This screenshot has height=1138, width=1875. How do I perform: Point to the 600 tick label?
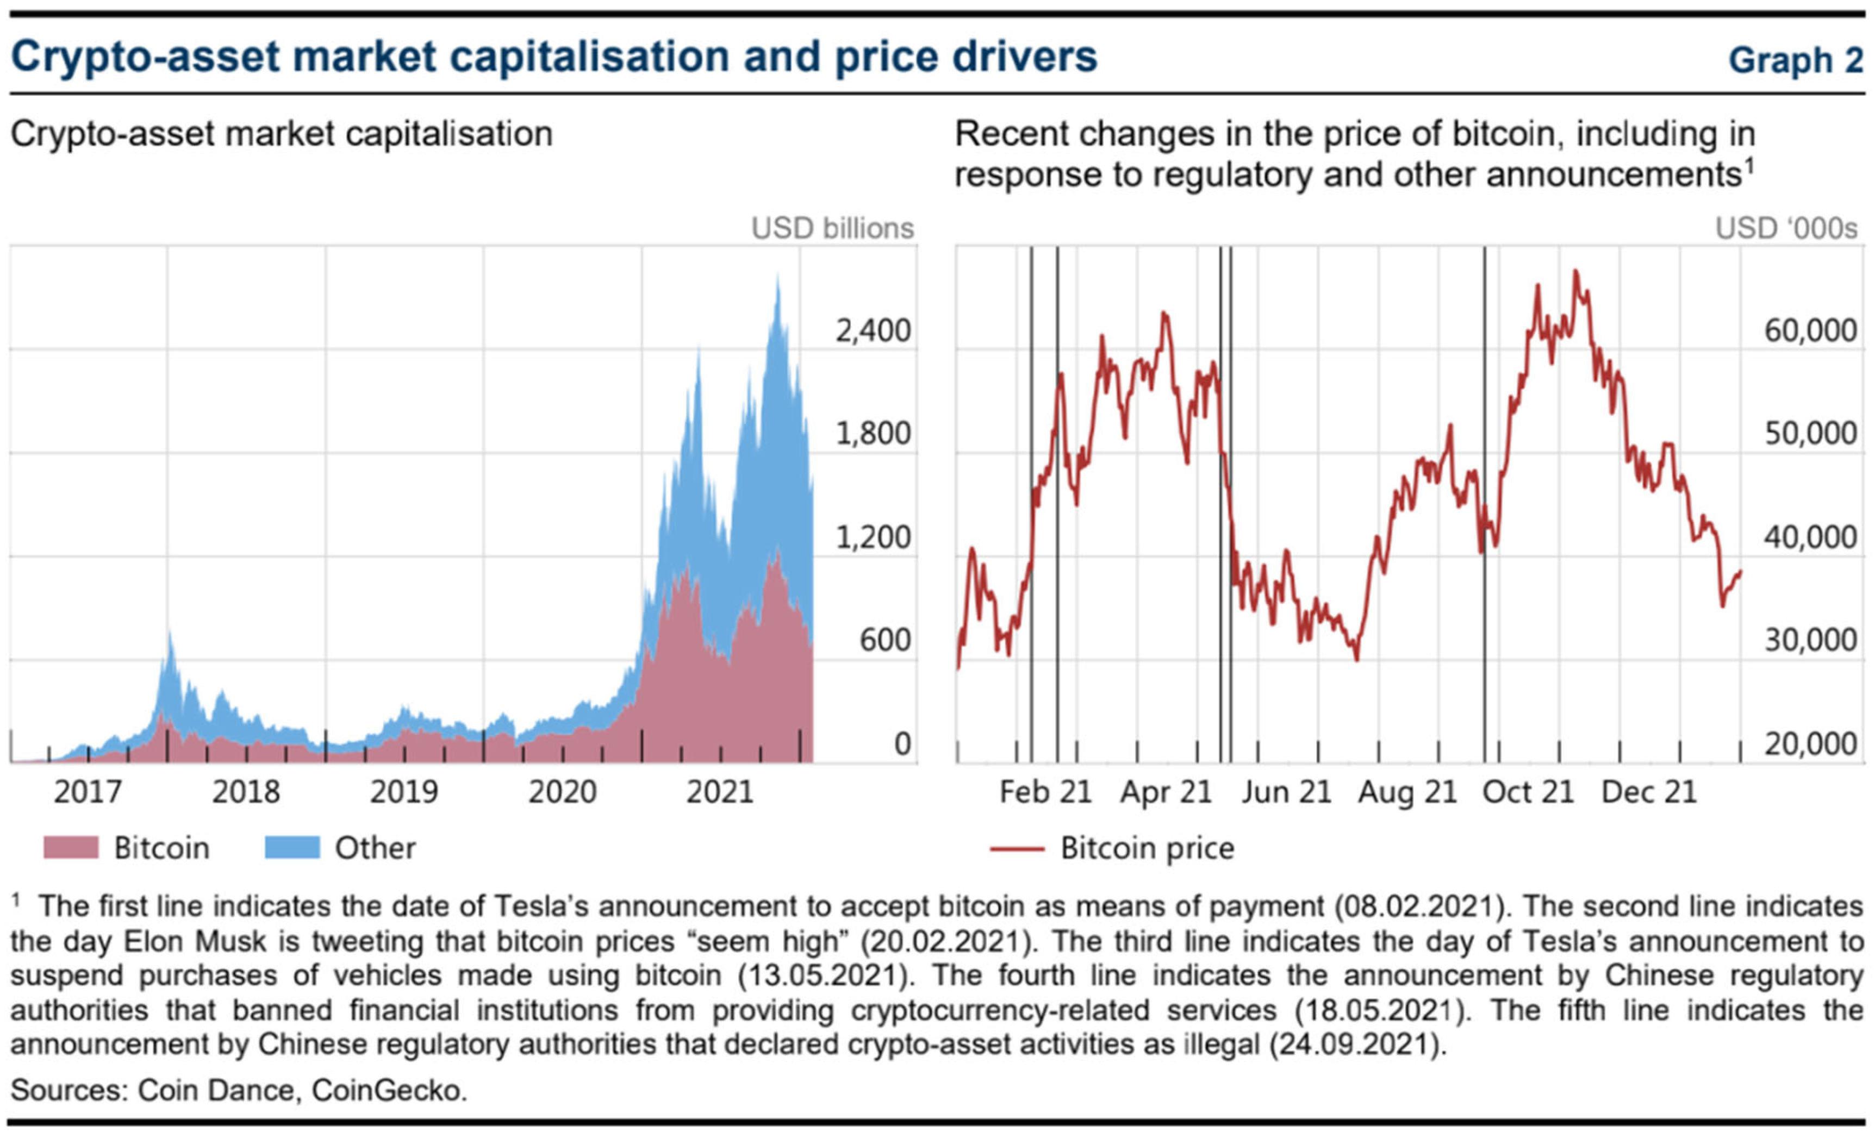click(x=885, y=640)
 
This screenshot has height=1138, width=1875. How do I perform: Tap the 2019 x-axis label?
click(x=404, y=792)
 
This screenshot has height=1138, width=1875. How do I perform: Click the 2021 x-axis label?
click(x=720, y=792)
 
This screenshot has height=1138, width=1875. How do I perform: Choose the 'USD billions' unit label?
click(x=832, y=228)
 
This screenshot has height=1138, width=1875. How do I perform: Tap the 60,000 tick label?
click(x=1810, y=331)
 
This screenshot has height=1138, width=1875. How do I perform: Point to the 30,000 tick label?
click(x=1810, y=640)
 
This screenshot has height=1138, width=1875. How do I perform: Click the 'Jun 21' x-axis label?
click(x=1287, y=792)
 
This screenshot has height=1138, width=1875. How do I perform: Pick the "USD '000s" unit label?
click(x=1786, y=228)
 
